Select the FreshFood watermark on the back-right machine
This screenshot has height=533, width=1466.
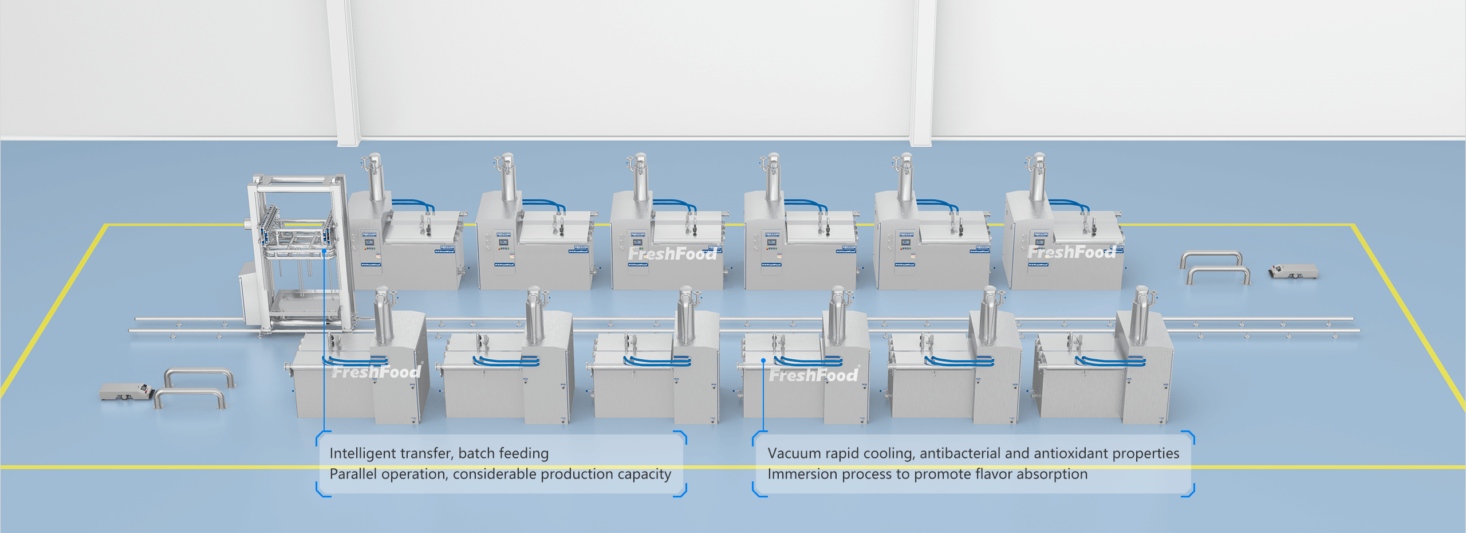point(1071,252)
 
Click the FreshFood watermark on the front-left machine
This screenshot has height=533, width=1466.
point(377,373)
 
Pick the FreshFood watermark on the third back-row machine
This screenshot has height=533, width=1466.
point(672,253)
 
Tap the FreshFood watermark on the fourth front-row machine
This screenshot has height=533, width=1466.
point(813,375)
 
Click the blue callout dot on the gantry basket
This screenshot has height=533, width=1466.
point(324,250)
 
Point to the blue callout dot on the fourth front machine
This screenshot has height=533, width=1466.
point(763,360)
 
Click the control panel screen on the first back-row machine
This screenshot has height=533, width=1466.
point(369,242)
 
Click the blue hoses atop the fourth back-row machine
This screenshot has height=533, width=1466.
point(805,203)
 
